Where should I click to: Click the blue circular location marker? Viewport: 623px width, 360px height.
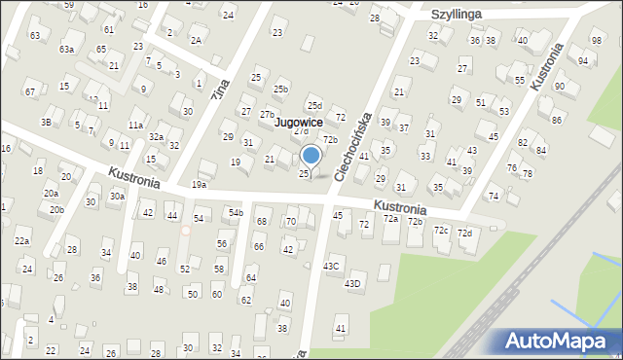tap(311, 154)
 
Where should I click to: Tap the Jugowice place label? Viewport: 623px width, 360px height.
tap(299, 123)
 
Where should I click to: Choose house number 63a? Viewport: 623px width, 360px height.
tap(66, 49)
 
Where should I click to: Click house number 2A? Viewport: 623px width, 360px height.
tap(196, 40)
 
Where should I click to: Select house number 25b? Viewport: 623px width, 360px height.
tap(280, 90)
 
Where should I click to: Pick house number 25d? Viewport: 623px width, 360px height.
tap(313, 105)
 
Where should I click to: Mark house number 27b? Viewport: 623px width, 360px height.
tap(267, 114)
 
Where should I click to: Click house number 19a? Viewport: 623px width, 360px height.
tap(199, 184)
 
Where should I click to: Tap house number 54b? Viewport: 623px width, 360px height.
tap(236, 211)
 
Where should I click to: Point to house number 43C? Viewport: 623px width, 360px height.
tap(332, 266)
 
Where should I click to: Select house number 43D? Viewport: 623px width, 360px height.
tap(353, 283)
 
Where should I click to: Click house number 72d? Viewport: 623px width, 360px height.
tap(465, 233)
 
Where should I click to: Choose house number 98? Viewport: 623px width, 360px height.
tap(596, 40)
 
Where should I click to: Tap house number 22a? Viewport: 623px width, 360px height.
tap(21, 240)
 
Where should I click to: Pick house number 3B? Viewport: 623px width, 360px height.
tap(46, 122)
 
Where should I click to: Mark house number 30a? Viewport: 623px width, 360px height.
tap(117, 196)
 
